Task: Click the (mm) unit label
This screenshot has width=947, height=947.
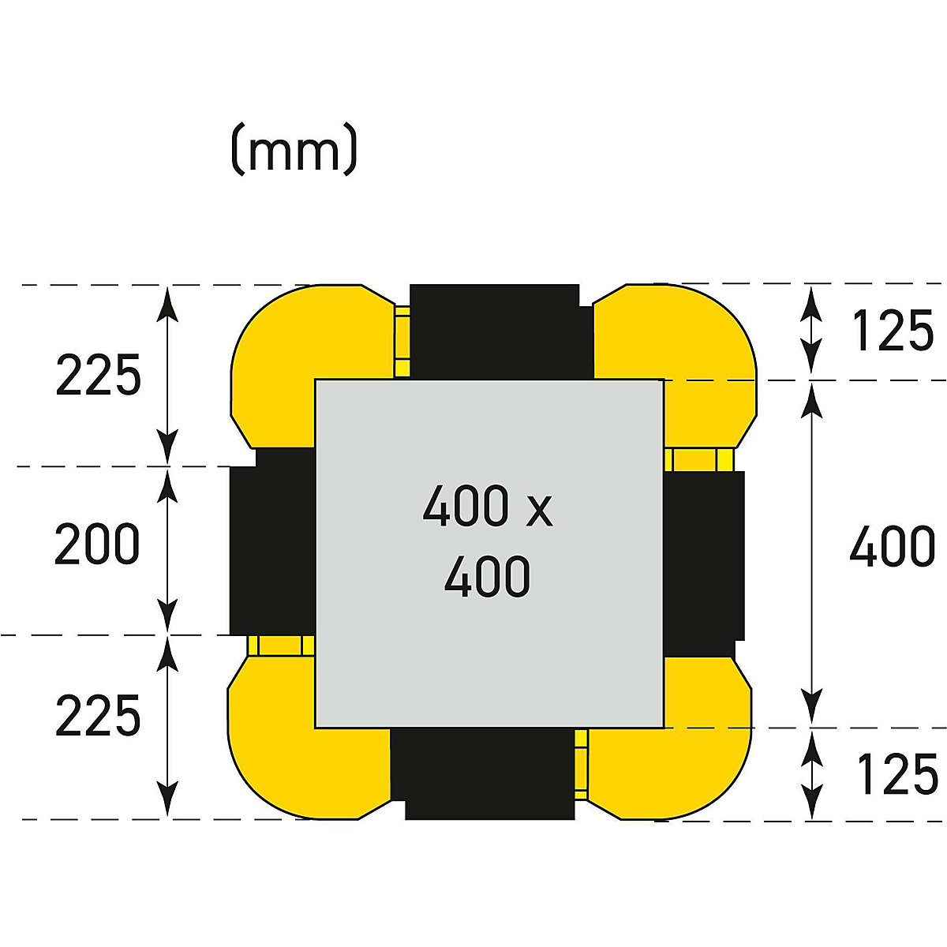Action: (x=294, y=148)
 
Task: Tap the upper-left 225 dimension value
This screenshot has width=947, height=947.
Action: (x=99, y=375)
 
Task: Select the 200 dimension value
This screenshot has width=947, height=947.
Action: (x=97, y=543)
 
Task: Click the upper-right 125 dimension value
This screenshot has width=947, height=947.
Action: (x=892, y=330)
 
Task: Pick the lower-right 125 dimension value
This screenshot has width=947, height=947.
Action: (x=897, y=774)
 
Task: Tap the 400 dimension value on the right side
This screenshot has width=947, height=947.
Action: (x=892, y=545)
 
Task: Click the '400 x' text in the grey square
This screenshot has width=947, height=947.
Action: (x=488, y=506)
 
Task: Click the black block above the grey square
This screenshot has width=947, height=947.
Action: (x=501, y=332)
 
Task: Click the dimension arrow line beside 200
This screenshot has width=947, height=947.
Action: (x=167, y=550)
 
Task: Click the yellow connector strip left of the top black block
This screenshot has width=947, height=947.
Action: (x=402, y=342)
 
